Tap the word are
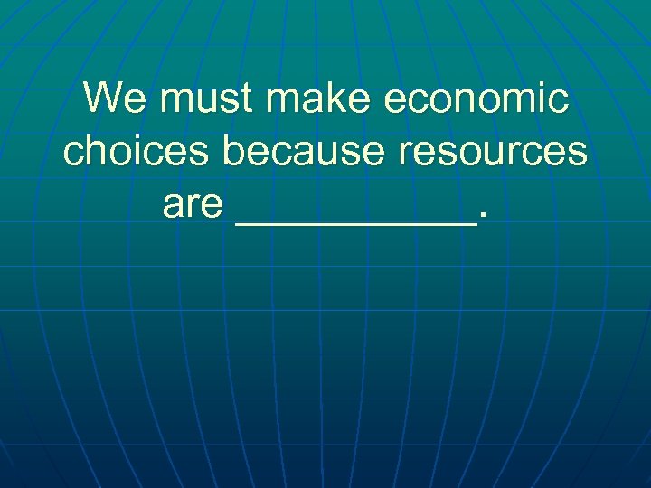tap(193, 206)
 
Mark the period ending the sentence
tap(485, 218)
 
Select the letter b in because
tap(233, 152)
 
